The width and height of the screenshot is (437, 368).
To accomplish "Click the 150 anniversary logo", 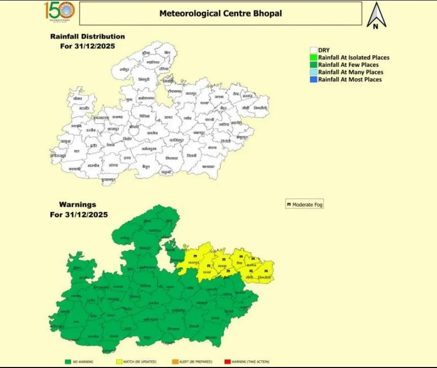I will (59, 11).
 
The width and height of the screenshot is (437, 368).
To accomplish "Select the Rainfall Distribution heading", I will (87, 36).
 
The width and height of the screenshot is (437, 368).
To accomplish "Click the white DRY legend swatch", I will (314, 50).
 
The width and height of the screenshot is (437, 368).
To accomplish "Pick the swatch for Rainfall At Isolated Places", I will (314, 58).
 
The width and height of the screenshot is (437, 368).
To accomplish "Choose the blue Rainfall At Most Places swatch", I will (314, 80).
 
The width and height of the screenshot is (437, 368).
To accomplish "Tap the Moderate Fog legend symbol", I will (289, 205).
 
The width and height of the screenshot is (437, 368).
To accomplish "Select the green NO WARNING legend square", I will (67, 361).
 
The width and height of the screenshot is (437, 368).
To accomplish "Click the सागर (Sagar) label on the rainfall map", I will (168, 118).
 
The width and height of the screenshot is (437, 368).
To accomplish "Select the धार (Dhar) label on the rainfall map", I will (77, 151).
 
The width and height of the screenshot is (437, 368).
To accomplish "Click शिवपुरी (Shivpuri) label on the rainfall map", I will (144, 80).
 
